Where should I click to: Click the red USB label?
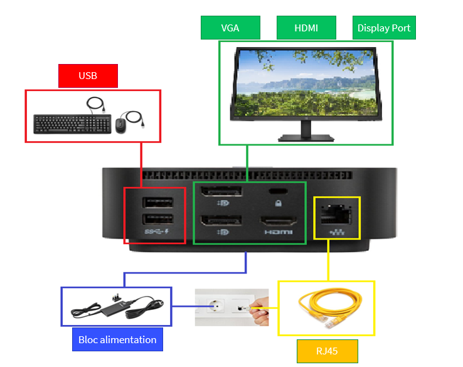point(88,76)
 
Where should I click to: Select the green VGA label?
point(230,28)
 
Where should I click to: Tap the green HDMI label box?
point(306,28)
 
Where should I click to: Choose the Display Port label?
point(383,28)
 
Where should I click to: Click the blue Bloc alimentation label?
point(117,339)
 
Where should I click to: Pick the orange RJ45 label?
point(327,351)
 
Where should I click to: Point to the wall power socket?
point(210,307)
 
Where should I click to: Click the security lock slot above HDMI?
point(278,192)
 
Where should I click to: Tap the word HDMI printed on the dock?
point(278,232)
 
